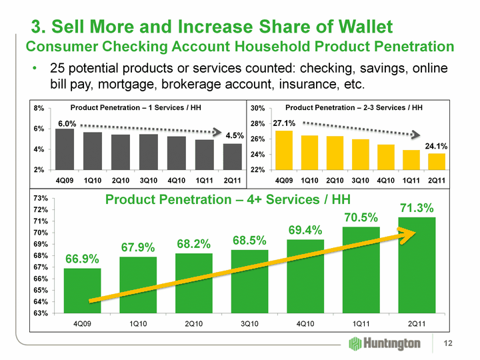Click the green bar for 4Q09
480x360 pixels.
coord(82,291)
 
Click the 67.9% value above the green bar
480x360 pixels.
coord(138,247)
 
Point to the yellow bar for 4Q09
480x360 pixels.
coord(284,150)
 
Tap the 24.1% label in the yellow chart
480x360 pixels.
coord(436,145)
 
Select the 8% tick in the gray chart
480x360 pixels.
coord(39,108)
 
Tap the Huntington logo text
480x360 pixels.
coord(393,343)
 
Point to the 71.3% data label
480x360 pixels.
coord(417,208)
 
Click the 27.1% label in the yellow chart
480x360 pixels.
coord(285,123)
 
